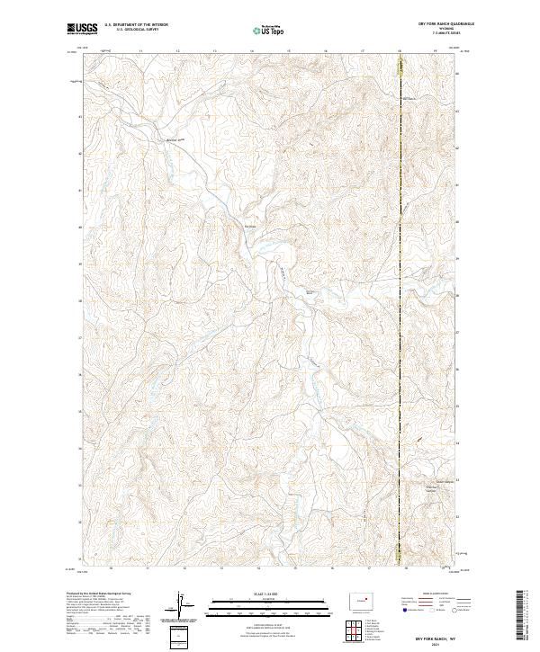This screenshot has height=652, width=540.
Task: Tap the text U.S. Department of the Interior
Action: tap(136, 26)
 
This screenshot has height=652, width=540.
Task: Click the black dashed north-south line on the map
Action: tap(400, 315)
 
